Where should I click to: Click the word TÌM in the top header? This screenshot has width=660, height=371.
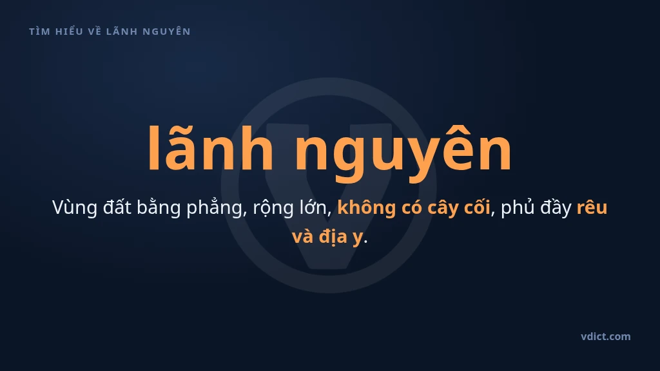(39, 31)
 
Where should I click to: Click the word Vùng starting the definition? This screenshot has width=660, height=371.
(75, 208)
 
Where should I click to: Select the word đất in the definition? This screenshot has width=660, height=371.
(117, 207)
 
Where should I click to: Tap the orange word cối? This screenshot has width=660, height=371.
(478, 207)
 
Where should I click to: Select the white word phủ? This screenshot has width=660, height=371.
(518, 207)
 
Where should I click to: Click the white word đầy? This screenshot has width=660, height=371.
(556, 208)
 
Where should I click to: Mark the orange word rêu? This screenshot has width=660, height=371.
(592, 207)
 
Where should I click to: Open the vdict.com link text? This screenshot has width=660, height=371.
(606, 336)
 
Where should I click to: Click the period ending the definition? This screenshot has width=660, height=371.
(365, 242)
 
